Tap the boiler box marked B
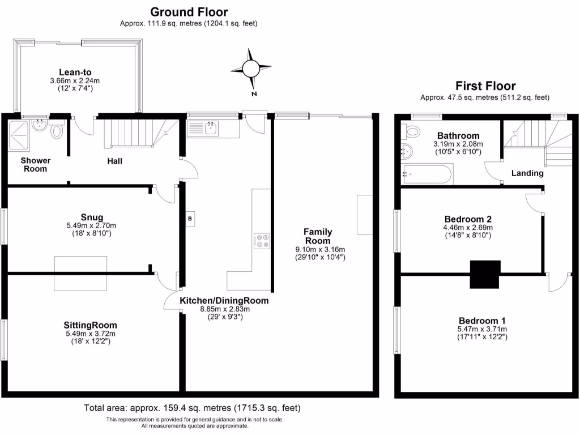(x=190, y=218)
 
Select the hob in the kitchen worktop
(x=262, y=241)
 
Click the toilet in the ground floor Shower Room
(x=57, y=131)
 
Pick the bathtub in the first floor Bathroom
(x=427, y=174)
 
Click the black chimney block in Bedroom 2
(x=485, y=275)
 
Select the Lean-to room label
(x=75, y=72)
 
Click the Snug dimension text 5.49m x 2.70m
(x=91, y=225)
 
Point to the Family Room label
(x=318, y=236)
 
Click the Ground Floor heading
(x=189, y=12)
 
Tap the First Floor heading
(x=485, y=86)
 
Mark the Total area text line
(x=192, y=408)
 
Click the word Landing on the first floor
(x=527, y=173)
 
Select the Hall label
(x=115, y=161)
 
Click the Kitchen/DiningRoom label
(x=224, y=300)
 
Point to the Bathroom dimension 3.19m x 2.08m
(x=459, y=144)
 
